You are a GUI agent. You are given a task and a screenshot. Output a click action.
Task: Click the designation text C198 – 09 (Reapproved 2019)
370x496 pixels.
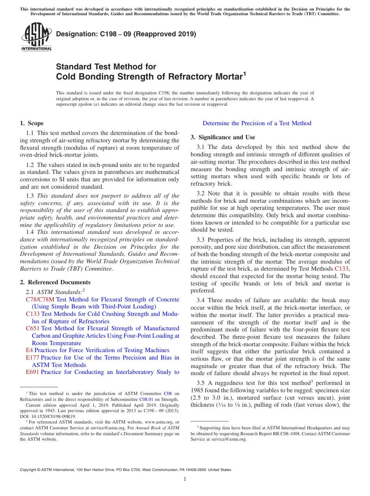click(126, 34)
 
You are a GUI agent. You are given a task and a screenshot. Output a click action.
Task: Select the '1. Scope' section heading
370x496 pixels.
click(32, 123)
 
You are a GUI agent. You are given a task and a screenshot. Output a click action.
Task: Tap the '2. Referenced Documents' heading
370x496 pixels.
click(55, 282)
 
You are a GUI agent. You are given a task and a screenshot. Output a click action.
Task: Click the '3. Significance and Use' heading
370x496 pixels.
click(223, 137)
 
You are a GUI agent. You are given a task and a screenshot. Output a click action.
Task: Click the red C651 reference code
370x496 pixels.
click(32, 329)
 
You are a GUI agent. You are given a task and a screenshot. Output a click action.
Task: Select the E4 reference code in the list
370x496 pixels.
click(29, 350)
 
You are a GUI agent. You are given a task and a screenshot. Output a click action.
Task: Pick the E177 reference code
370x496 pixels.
click(32, 358)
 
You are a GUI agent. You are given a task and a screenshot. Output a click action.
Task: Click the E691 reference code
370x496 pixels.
click(32, 372)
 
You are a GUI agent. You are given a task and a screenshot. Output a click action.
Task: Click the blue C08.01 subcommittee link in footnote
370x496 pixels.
click(145, 399)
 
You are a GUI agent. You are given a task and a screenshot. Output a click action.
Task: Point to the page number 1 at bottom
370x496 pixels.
click(185, 479)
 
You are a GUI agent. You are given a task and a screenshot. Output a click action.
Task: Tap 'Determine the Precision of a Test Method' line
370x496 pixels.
click(257, 123)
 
